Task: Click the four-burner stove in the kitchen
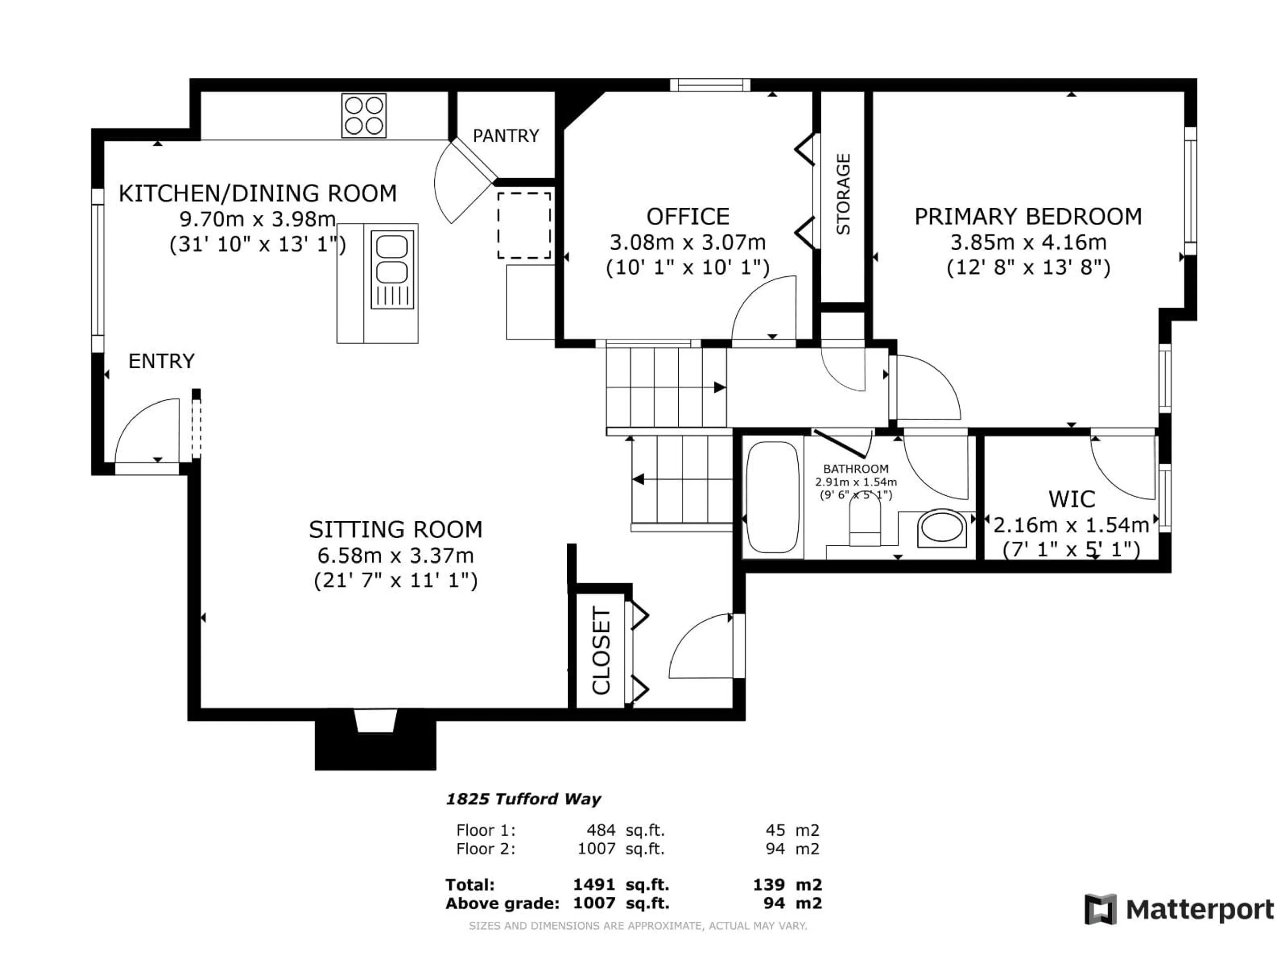click(364, 115)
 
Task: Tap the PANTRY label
click(505, 136)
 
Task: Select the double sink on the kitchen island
click(392, 268)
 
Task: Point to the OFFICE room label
click(688, 217)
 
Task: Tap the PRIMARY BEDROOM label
click(1028, 217)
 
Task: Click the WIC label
click(1071, 499)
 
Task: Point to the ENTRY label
click(161, 361)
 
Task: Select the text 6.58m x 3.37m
click(395, 555)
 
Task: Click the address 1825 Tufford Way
click(523, 799)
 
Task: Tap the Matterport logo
click(1179, 909)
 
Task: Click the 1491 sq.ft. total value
click(621, 885)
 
